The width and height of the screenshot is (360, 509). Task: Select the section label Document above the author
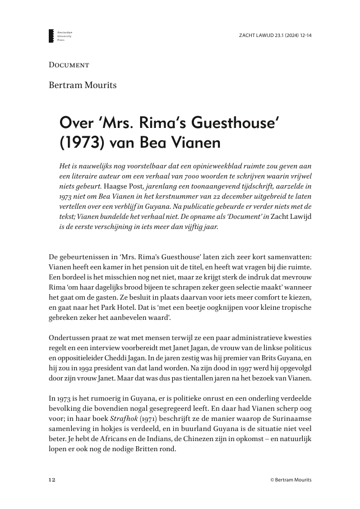click(69, 65)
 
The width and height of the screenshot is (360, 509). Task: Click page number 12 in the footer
click(52, 480)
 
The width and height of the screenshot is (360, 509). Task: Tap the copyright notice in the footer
click(290, 480)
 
